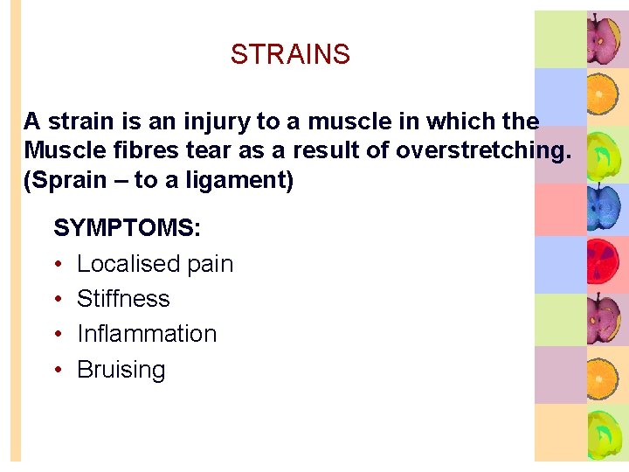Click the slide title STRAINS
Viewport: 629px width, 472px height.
tap(290, 54)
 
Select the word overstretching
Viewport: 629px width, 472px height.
tap(483, 150)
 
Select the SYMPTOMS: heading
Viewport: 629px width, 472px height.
tap(128, 228)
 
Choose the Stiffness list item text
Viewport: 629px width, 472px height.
tap(123, 299)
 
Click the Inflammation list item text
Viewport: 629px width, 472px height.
tap(147, 334)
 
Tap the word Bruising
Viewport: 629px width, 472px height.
tap(121, 370)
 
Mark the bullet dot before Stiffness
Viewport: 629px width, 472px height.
tap(58, 300)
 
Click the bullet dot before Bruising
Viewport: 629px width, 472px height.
tap(58, 370)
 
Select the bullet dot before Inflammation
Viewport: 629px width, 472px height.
tap(58, 335)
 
